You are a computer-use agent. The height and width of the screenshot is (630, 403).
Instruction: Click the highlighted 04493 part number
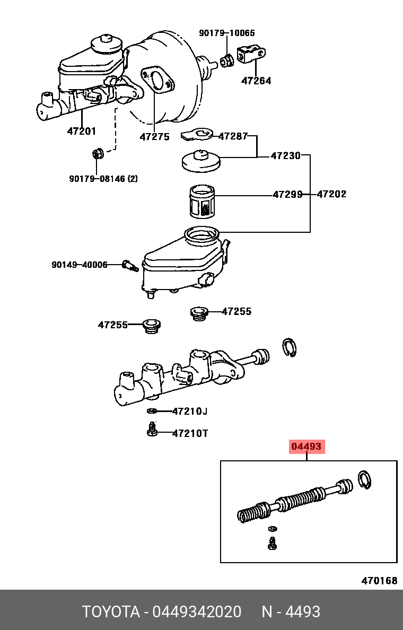pos(306,447)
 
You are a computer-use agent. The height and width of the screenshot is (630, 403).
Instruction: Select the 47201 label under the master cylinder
pos(81,131)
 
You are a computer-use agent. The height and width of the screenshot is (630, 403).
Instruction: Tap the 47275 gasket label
pos(154,137)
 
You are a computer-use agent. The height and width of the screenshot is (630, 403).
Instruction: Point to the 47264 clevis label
pos(256,81)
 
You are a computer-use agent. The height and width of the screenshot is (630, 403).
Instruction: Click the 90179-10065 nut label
pos(226,33)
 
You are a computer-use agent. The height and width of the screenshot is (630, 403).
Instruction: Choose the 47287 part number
pos(233,136)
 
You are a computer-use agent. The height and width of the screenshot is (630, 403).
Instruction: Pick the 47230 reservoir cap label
pos(285,156)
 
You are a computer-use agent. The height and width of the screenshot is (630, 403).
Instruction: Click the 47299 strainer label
pos(287,195)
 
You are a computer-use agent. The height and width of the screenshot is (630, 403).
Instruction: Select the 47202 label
pos(331,195)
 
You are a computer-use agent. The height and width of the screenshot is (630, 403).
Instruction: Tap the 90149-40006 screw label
pos(80,265)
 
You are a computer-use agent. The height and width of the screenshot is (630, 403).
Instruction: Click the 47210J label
pos(190,411)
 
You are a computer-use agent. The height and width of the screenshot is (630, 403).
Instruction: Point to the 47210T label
pos(190,433)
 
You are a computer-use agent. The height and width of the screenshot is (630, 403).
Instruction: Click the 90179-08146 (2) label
pos(103,179)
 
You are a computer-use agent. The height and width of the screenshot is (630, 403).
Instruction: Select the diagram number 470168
pos(379,581)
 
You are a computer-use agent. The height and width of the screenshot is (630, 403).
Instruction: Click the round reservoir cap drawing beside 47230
pos(201,161)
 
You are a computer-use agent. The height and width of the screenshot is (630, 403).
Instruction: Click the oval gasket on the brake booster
pos(156,80)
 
